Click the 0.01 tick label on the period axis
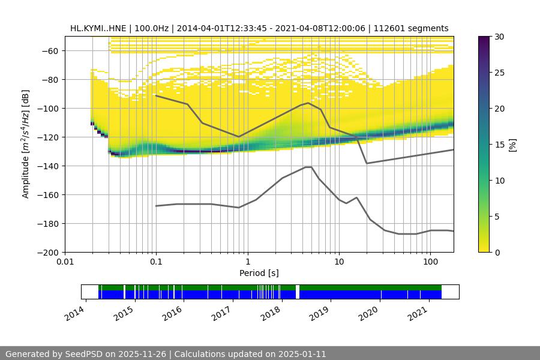point(65,262)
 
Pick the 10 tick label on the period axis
point(338,262)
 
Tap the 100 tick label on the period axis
point(430,262)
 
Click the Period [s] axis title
point(259,273)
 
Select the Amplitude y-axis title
point(26,144)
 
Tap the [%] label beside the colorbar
point(512,145)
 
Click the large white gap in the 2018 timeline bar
point(298,292)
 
